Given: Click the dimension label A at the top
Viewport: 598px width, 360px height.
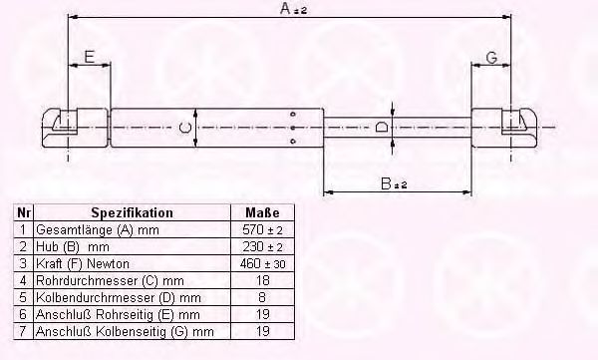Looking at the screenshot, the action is tap(293, 8).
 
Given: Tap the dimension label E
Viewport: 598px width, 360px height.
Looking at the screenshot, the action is tap(89, 57).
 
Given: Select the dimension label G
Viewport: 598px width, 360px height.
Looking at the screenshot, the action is tap(492, 58).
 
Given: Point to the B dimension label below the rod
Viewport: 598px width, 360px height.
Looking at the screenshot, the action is tap(394, 183).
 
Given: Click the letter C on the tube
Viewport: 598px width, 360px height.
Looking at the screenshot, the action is tap(185, 128).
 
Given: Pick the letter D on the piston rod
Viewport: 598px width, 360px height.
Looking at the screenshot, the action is tap(382, 127).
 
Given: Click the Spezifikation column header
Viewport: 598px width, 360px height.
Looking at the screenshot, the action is tap(132, 212).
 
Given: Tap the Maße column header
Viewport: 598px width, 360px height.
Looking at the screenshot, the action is tap(262, 212).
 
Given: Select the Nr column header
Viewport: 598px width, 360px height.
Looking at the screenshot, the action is tap(24, 212).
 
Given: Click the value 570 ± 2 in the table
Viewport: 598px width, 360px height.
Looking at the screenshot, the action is tap(262, 229).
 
